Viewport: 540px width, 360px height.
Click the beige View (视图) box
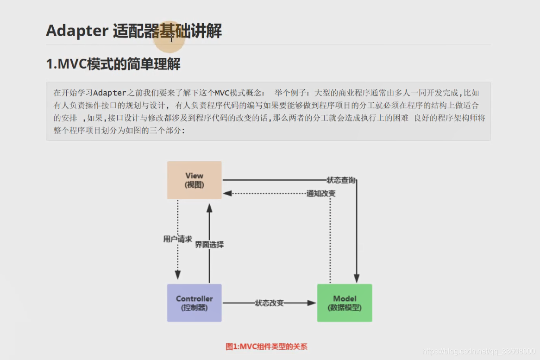click(195, 180)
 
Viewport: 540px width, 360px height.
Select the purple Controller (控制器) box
click(195, 303)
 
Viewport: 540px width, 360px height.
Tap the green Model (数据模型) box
click(345, 303)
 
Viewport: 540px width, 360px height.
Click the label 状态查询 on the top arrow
click(341, 180)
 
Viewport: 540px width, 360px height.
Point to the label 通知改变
click(321, 194)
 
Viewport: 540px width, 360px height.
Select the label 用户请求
click(177, 239)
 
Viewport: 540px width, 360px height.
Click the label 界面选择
click(209, 244)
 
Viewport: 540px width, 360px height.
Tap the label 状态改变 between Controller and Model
click(269, 303)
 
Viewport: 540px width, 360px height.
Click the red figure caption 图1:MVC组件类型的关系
click(266, 346)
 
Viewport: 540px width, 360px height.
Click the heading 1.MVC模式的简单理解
click(113, 64)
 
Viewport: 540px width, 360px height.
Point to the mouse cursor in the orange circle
click(171, 38)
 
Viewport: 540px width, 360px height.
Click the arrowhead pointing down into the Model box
click(357, 279)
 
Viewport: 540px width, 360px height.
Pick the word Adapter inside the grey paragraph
click(110, 93)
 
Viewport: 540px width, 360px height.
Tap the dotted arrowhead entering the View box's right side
click(227, 194)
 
